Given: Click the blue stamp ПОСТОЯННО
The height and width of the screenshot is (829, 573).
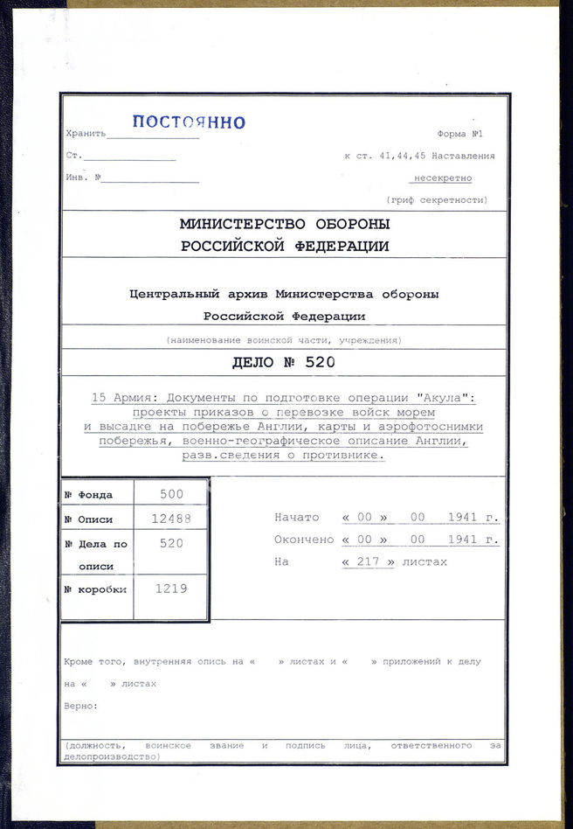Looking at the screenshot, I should click(x=189, y=122).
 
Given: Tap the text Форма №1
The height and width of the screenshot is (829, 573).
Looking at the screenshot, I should click(x=459, y=134).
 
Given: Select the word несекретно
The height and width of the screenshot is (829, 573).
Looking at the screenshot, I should click(x=443, y=178).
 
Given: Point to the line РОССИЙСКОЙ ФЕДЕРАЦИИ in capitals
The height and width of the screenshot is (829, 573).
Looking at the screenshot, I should click(x=285, y=247).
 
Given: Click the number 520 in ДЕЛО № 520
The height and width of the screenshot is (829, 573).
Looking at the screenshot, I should click(x=320, y=362).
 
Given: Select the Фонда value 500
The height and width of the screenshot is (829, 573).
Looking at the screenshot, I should click(x=171, y=494).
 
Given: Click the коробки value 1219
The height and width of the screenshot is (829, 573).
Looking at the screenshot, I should click(x=171, y=589).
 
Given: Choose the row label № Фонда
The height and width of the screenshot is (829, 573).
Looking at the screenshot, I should click(x=88, y=495).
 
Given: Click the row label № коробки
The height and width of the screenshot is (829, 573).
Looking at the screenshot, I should click(x=95, y=589).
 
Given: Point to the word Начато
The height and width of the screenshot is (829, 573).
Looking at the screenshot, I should click(x=297, y=518).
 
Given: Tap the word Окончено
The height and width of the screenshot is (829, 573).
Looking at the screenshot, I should click(x=302, y=540).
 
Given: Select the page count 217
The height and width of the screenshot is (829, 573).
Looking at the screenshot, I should click(x=368, y=561).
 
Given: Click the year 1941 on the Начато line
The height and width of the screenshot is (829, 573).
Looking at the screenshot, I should click(x=462, y=518).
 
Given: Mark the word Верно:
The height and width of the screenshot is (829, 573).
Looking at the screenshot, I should click(x=81, y=706).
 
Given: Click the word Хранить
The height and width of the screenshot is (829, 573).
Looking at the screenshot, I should click(x=86, y=134).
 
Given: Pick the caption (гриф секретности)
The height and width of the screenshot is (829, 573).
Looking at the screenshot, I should click(x=448, y=200).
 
